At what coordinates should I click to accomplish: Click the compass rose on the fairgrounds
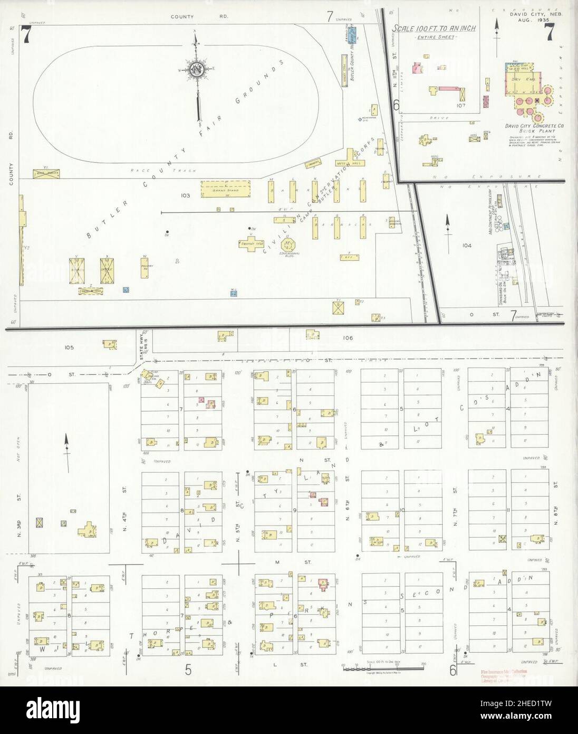click(x=197, y=70)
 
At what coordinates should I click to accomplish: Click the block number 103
click(x=185, y=195)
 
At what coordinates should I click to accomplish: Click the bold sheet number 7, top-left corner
click(x=25, y=35)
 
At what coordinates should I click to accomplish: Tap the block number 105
click(x=70, y=347)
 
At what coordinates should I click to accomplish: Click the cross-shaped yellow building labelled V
click(x=251, y=243)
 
